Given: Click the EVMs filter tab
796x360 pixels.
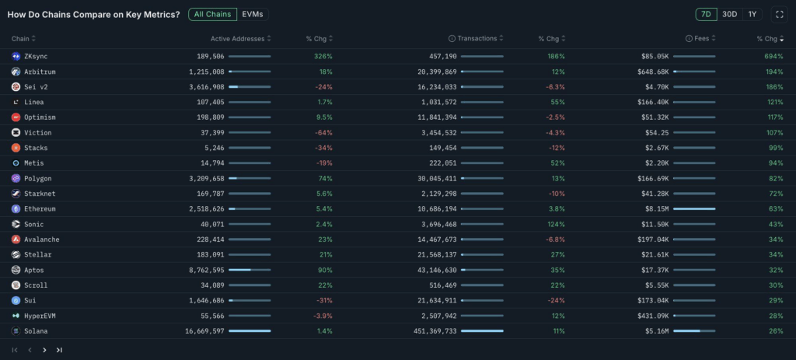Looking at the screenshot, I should coord(253,14).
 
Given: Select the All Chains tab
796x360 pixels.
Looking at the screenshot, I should coord(212,14).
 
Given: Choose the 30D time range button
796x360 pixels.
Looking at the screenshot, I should coord(730,14).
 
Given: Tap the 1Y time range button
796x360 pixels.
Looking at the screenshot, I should coord(752,14).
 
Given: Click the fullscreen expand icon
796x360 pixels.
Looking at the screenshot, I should coord(779,14).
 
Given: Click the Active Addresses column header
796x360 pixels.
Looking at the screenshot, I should coord(237,39).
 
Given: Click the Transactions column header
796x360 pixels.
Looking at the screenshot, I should coord(477,39).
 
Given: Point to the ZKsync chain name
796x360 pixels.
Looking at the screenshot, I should coord(37,56).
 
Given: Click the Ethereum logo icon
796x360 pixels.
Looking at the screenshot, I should coord(16,208).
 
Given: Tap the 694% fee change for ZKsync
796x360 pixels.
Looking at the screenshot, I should coord(773,56).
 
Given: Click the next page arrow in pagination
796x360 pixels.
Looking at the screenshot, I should coord(44,350).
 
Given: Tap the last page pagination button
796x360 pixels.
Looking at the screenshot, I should coord(59,350).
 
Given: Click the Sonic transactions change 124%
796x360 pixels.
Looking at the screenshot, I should coord(554,224).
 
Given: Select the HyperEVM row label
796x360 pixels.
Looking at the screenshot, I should coord(40,316).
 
